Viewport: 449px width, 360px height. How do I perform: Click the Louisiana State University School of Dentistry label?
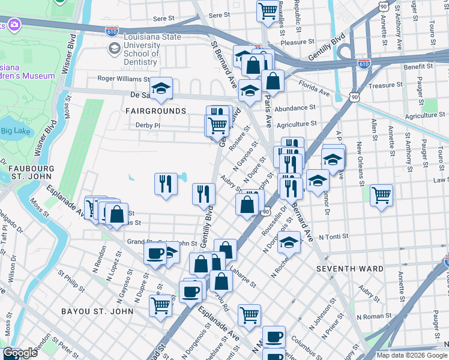pos(140,49)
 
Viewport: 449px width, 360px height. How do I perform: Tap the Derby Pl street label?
pos(148,125)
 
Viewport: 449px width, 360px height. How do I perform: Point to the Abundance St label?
pos(295,108)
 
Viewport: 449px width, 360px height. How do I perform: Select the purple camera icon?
pos(13,25)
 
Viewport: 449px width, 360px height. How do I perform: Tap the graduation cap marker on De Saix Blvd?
pos(161,88)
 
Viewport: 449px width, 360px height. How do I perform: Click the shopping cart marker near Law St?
pos(381,194)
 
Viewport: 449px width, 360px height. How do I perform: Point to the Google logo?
pos(20,353)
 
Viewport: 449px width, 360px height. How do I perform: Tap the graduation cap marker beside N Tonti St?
pos(289,242)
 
